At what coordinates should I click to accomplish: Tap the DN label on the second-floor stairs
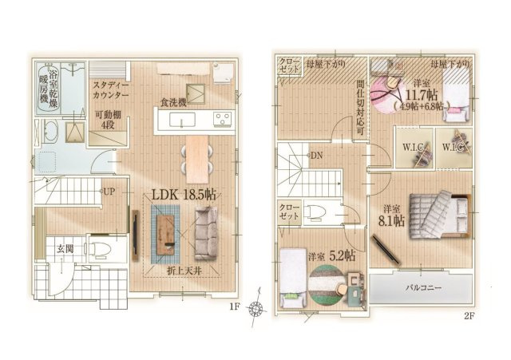[316, 156]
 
